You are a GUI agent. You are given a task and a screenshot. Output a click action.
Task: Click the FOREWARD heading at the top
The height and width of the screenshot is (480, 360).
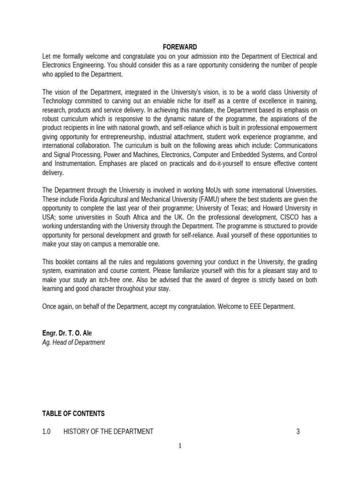[x=180, y=47]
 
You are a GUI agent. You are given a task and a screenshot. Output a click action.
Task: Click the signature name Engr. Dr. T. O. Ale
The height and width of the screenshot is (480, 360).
[x=67, y=333]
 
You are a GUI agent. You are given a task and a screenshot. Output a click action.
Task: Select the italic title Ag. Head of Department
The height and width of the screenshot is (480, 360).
[x=74, y=343]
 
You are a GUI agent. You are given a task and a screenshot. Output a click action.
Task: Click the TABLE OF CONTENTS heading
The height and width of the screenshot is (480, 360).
[x=74, y=413]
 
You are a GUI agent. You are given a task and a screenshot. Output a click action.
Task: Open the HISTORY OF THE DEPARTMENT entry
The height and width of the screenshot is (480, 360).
[x=108, y=431]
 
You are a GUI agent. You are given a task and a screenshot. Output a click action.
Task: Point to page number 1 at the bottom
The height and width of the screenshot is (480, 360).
[x=180, y=446]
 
